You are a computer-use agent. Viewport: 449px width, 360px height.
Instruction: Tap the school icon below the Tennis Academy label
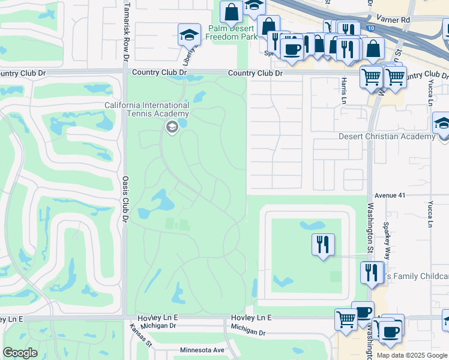(x=172, y=127)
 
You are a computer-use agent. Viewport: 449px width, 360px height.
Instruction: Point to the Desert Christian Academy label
(x=387, y=137)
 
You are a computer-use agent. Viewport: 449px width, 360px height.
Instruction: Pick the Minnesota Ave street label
(x=202, y=350)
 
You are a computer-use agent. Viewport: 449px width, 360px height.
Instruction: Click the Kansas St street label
(x=142, y=335)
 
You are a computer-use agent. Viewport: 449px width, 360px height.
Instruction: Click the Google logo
(x=20, y=353)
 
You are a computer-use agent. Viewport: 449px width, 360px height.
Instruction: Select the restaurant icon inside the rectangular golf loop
(x=323, y=244)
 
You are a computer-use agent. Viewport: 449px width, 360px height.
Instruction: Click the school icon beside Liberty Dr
(x=189, y=34)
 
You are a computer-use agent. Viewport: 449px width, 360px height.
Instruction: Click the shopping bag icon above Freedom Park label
(x=231, y=11)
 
